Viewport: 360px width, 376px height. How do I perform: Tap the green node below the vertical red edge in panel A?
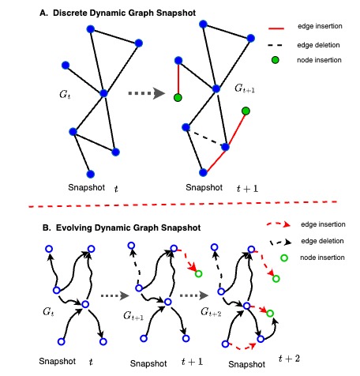coord(178,97)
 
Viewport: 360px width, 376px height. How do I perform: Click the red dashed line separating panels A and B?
coord(180,208)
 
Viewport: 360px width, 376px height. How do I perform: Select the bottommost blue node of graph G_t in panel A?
coord(90,173)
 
